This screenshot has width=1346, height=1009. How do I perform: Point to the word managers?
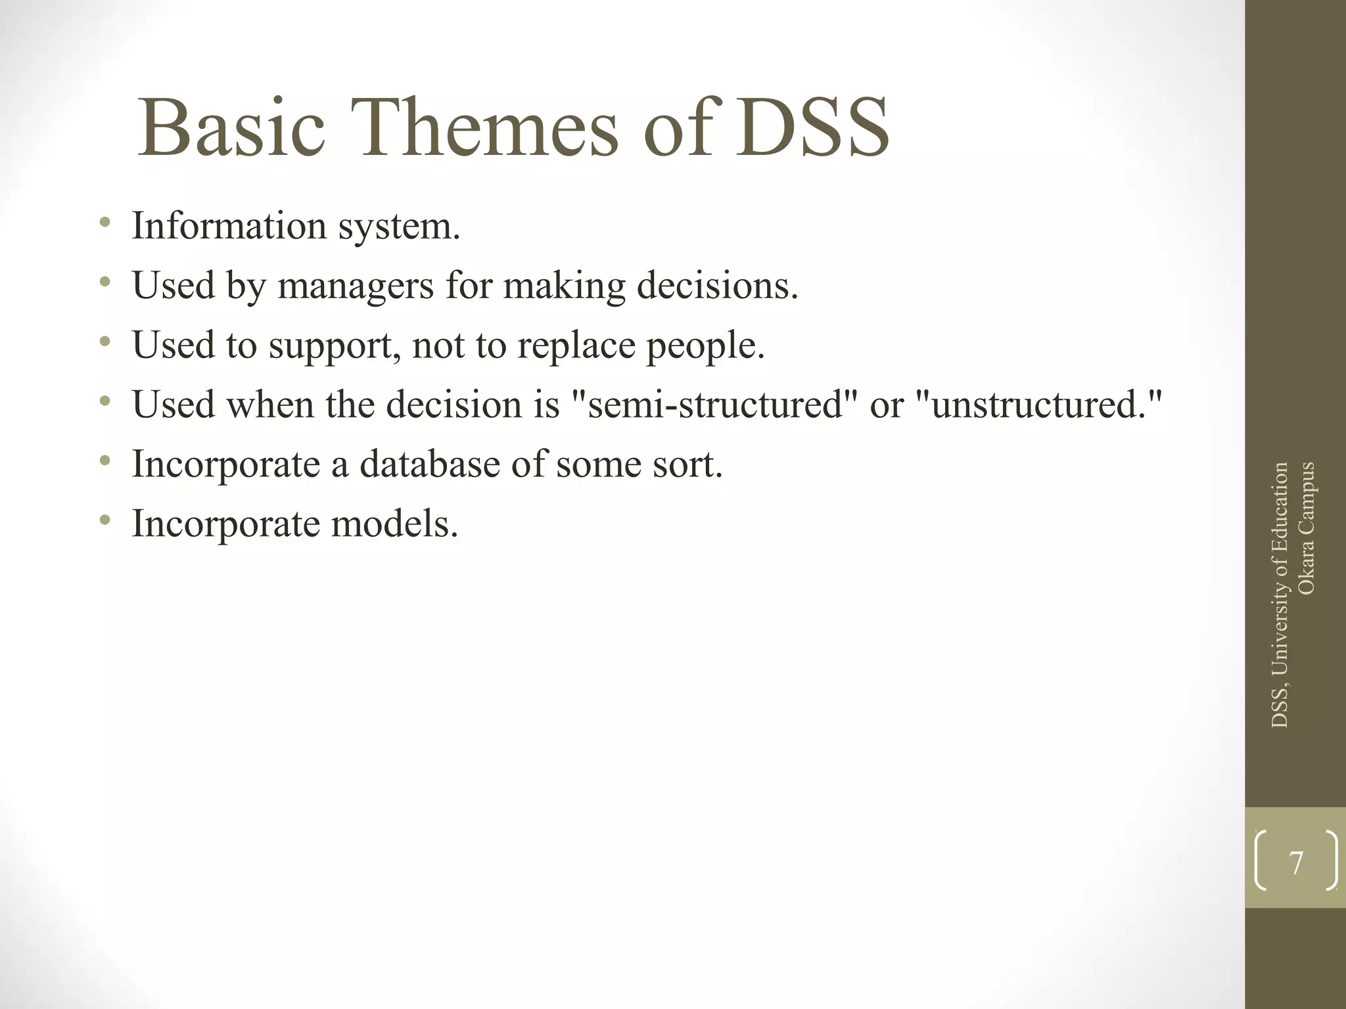click(x=356, y=286)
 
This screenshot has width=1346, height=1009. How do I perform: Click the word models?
click(x=394, y=524)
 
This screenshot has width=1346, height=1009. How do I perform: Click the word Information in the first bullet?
click(x=229, y=226)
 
